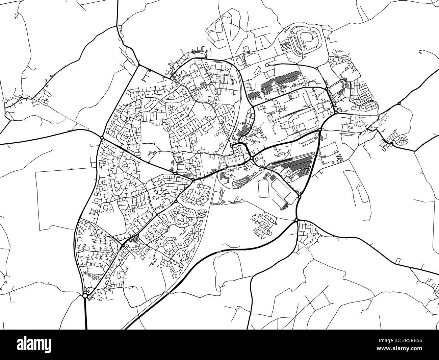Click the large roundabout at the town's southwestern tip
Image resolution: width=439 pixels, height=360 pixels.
pyautogui.click(x=85, y=296)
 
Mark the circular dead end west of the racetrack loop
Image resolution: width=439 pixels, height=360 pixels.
pyautogui.click(x=267, y=65)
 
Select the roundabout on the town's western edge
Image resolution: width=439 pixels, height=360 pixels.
pyautogui.click(x=102, y=138)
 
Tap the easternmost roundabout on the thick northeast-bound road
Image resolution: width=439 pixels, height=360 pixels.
pyautogui.click(x=399, y=103)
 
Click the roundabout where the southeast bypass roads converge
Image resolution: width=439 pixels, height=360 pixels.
pyautogui.click(x=296, y=220)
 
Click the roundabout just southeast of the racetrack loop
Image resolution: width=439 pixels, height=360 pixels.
pyautogui.click(x=316, y=68)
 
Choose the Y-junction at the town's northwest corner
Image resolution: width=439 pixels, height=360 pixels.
pyautogui.click(x=138, y=65)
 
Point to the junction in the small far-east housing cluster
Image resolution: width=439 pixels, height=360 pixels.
pyautogui.click(x=391, y=143)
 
